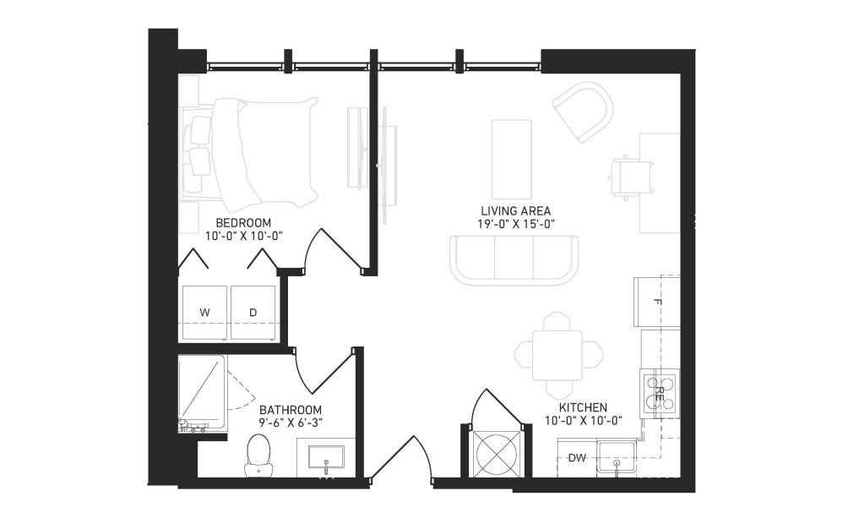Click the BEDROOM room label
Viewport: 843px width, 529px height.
243,222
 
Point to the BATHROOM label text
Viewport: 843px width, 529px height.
291,410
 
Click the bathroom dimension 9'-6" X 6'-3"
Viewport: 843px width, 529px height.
291,423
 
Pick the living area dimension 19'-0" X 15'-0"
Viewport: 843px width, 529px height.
515,224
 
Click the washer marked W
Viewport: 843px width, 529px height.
204,313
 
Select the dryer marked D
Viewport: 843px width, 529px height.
253,313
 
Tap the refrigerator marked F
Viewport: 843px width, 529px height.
657,302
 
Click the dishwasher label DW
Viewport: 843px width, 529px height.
577,458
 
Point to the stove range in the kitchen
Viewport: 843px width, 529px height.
660,394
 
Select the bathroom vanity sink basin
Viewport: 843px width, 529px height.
326,457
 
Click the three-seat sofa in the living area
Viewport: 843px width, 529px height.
514,259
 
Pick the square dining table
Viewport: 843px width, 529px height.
557,355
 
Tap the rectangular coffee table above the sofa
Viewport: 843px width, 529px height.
511,160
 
